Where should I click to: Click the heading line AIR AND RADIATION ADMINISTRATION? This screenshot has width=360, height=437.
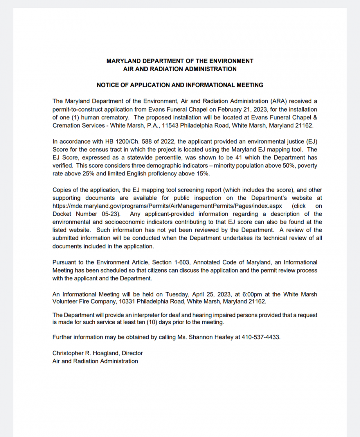180,69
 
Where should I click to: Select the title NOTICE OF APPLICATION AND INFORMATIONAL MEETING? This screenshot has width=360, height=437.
180,85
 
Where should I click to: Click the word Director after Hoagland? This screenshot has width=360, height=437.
132,353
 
